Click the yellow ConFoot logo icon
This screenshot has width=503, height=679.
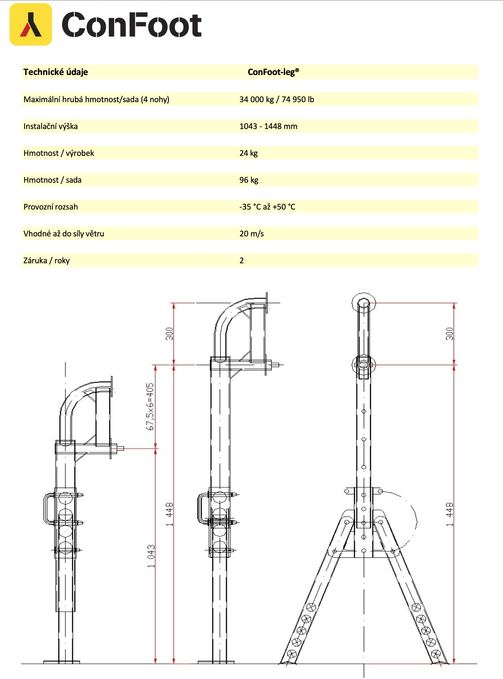click(x=31, y=24)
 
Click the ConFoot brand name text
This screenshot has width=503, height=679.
click(x=132, y=25)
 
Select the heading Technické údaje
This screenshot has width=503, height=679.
click(x=56, y=72)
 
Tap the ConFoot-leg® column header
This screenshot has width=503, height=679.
click(x=273, y=72)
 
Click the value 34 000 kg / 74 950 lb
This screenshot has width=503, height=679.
click(x=276, y=99)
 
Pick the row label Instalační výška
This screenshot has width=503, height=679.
click(x=51, y=126)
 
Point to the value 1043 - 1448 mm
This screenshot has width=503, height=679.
click(x=268, y=126)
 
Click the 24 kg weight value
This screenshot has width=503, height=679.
click(x=248, y=153)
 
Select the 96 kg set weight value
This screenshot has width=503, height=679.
click(x=249, y=180)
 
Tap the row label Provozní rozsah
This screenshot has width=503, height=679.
click(x=51, y=207)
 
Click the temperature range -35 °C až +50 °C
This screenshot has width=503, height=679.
click(x=267, y=207)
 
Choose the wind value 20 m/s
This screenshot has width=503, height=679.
click(x=251, y=234)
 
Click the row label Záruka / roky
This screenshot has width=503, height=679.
click(x=47, y=260)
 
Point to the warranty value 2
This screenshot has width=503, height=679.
click(x=242, y=260)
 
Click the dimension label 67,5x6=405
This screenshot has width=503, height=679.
click(x=150, y=406)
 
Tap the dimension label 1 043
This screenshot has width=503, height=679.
click(x=151, y=556)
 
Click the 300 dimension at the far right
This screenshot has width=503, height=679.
click(x=449, y=334)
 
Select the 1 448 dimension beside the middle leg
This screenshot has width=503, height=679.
click(x=169, y=514)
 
